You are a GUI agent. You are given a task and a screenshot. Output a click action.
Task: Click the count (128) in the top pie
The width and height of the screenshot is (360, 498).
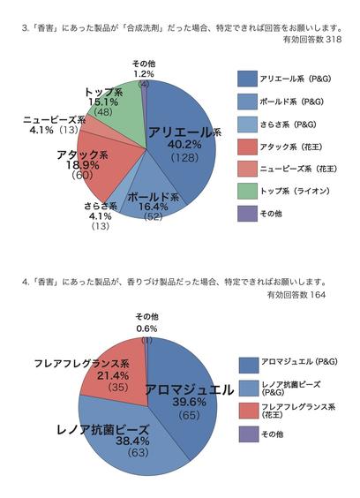(x=179, y=157)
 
